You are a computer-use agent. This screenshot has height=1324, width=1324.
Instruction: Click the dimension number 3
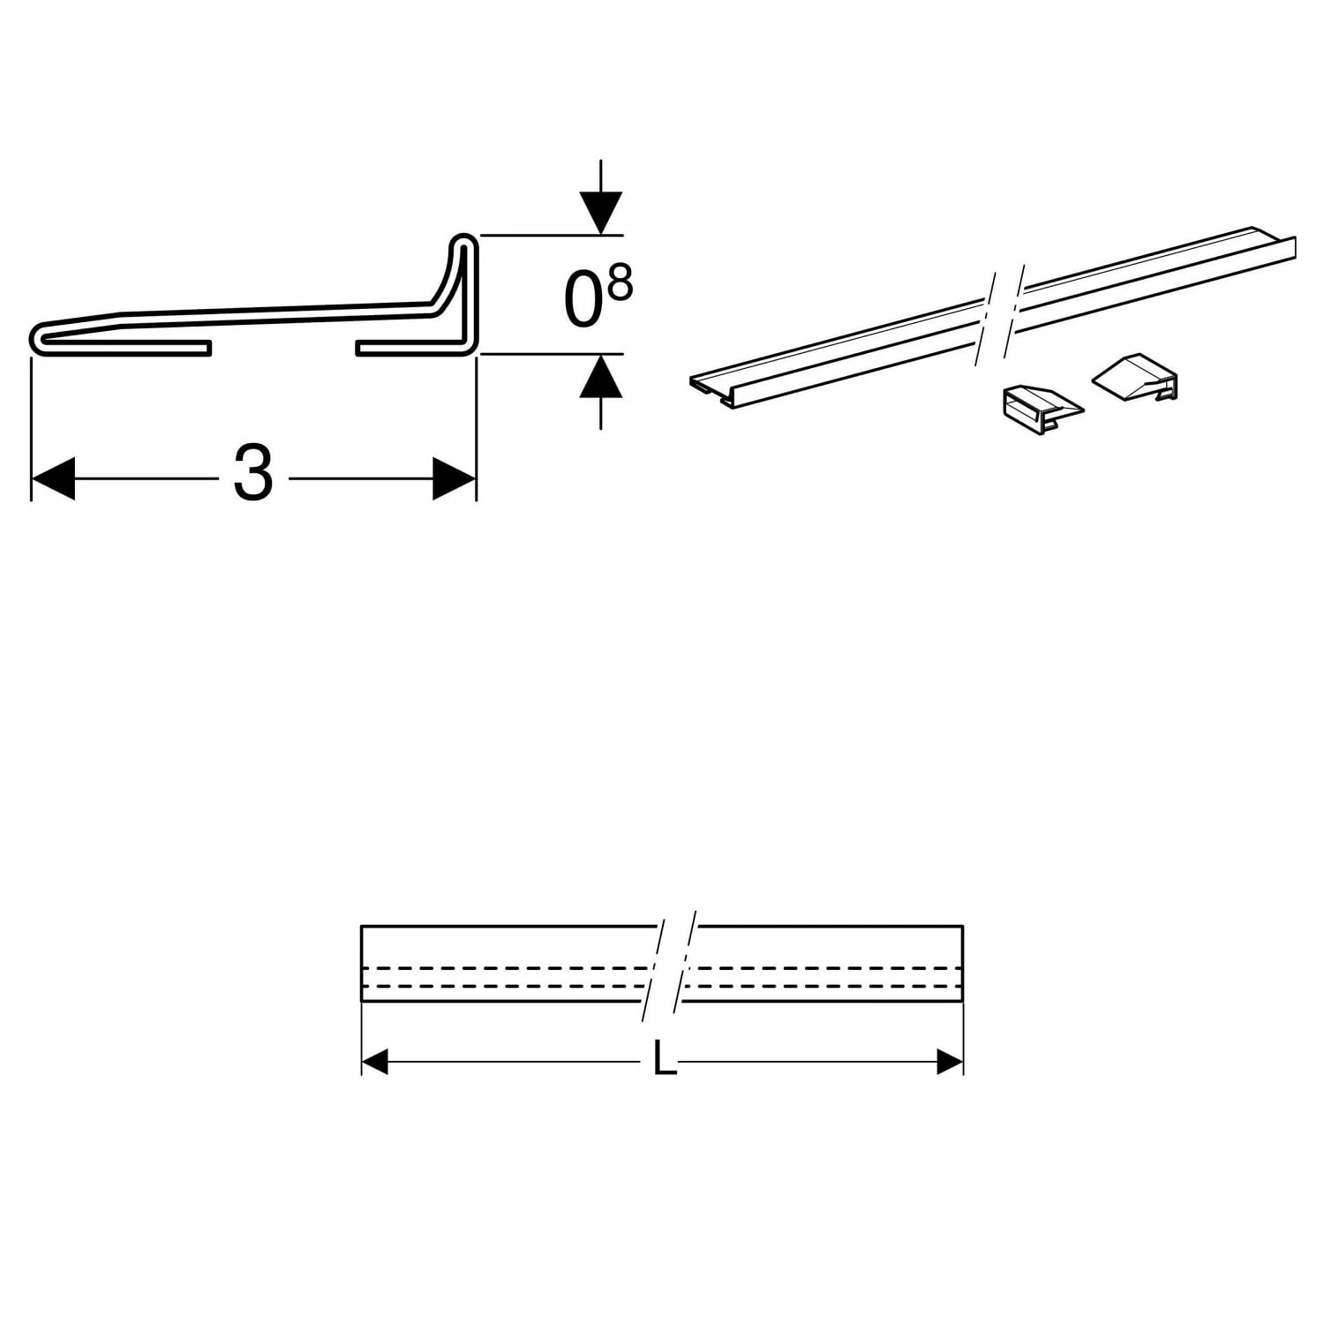(x=253, y=475)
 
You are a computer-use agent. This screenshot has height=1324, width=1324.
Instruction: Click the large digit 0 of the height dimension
(x=583, y=301)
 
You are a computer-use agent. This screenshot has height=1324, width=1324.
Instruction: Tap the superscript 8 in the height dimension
(x=621, y=284)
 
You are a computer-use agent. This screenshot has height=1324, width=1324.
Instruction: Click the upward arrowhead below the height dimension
(x=600, y=375)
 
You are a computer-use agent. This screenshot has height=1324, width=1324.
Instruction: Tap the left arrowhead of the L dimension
(x=376, y=1063)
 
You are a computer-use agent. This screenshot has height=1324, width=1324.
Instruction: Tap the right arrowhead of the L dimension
(x=949, y=1063)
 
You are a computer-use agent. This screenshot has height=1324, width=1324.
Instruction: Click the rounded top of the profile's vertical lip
(x=464, y=240)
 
